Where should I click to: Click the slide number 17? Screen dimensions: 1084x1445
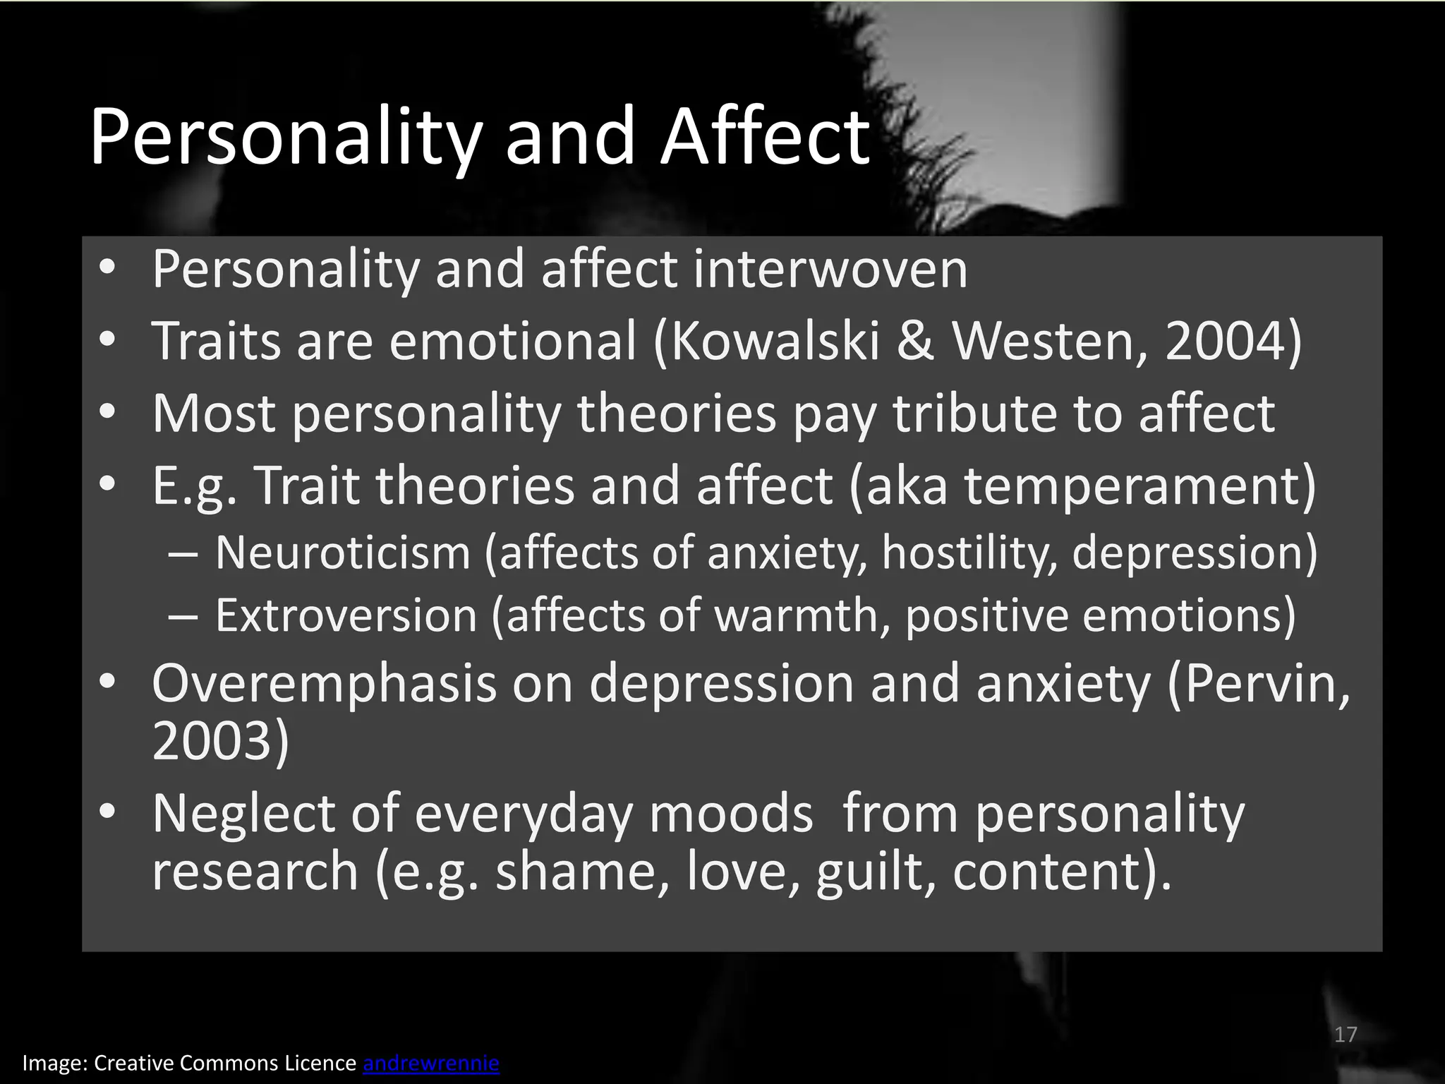[1346, 1035]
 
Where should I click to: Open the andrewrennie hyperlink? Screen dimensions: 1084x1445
[431, 1063]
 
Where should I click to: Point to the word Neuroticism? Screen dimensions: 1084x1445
[343, 553]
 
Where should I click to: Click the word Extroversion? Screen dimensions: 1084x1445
[346, 615]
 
